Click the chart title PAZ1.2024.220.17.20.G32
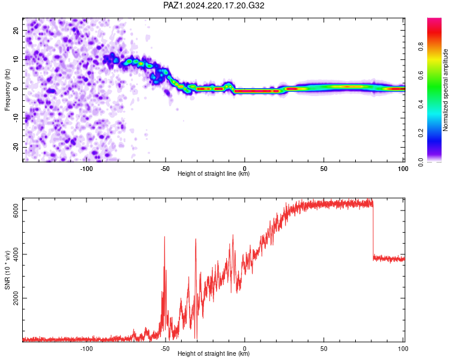(x=214, y=5)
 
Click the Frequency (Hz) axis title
(x=7, y=90)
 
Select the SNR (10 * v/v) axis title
(x=7, y=270)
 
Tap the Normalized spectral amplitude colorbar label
(x=445, y=90)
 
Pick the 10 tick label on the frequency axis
(x=16, y=59)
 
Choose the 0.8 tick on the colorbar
(x=421, y=47)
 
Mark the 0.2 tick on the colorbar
(x=421, y=133)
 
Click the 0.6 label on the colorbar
(x=421, y=76)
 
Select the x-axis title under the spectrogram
(x=214, y=173)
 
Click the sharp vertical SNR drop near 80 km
(x=373, y=231)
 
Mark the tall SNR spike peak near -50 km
(x=164, y=237)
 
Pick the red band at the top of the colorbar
(x=434, y=27)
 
